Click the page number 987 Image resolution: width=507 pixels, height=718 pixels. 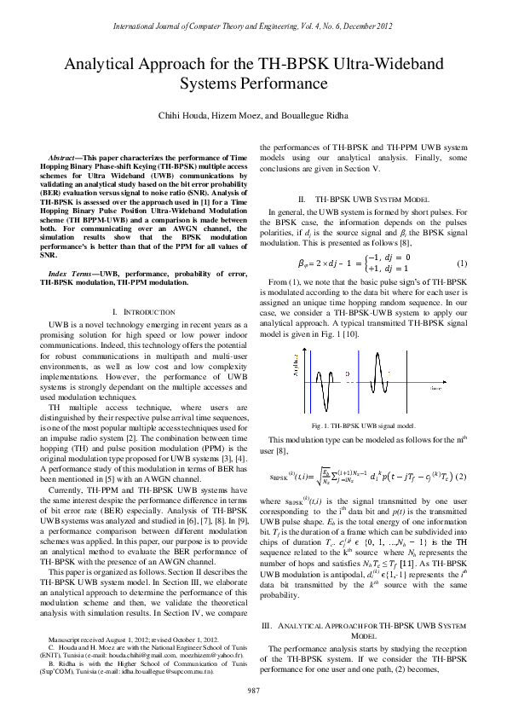click(x=253, y=689)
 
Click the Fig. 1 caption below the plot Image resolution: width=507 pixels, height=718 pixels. click(x=364, y=424)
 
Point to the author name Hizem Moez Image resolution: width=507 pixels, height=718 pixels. click(x=249, y=115)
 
